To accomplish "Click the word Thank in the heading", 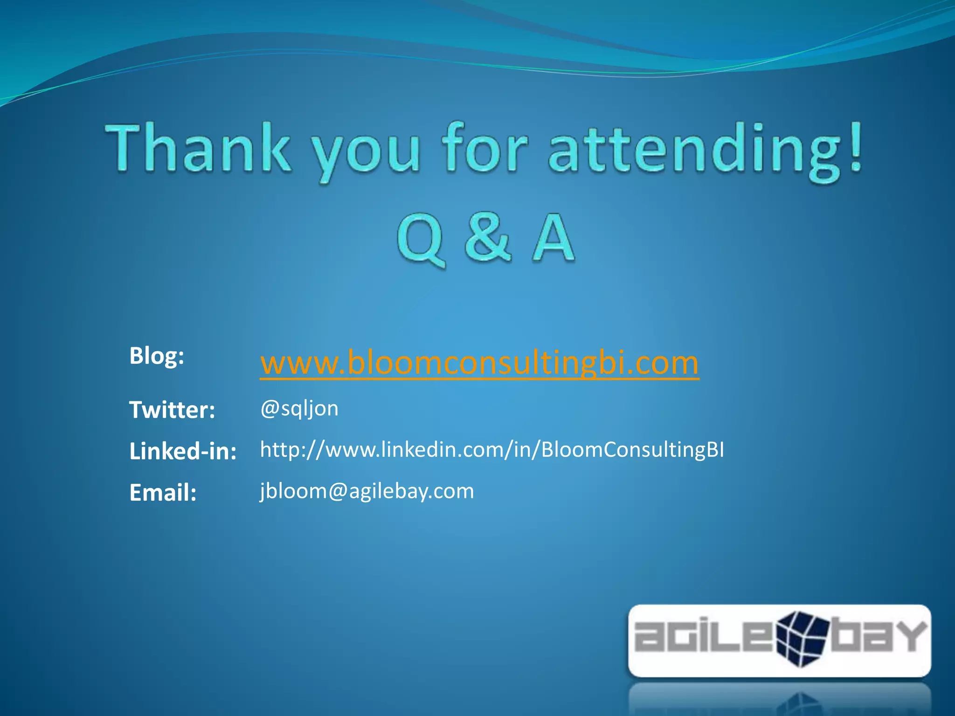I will [x=198, y=148].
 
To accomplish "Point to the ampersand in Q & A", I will [x=487, y=238].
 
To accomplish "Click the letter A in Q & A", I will [x=553, y=238].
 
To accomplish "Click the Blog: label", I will [x=157, y=356].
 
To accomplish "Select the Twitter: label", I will [x=172, y=410].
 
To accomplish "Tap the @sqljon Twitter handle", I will [x=299, y=409].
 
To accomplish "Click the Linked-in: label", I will [x=183, y=451].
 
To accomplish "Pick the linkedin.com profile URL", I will [x=492, y=450].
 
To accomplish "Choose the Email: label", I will [x=163, y=492].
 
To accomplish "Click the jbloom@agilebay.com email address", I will [x=367, y=491].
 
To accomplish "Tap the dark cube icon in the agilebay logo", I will [x=802, y=638].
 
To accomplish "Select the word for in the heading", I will [x=485, y=148].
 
